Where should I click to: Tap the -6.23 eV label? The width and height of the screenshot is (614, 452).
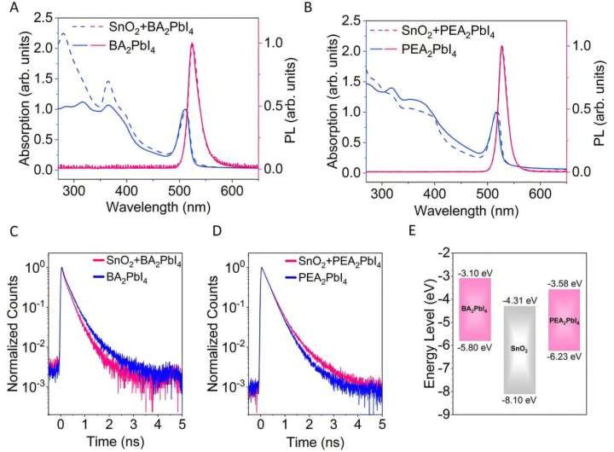565,361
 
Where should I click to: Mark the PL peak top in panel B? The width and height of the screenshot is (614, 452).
501,47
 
